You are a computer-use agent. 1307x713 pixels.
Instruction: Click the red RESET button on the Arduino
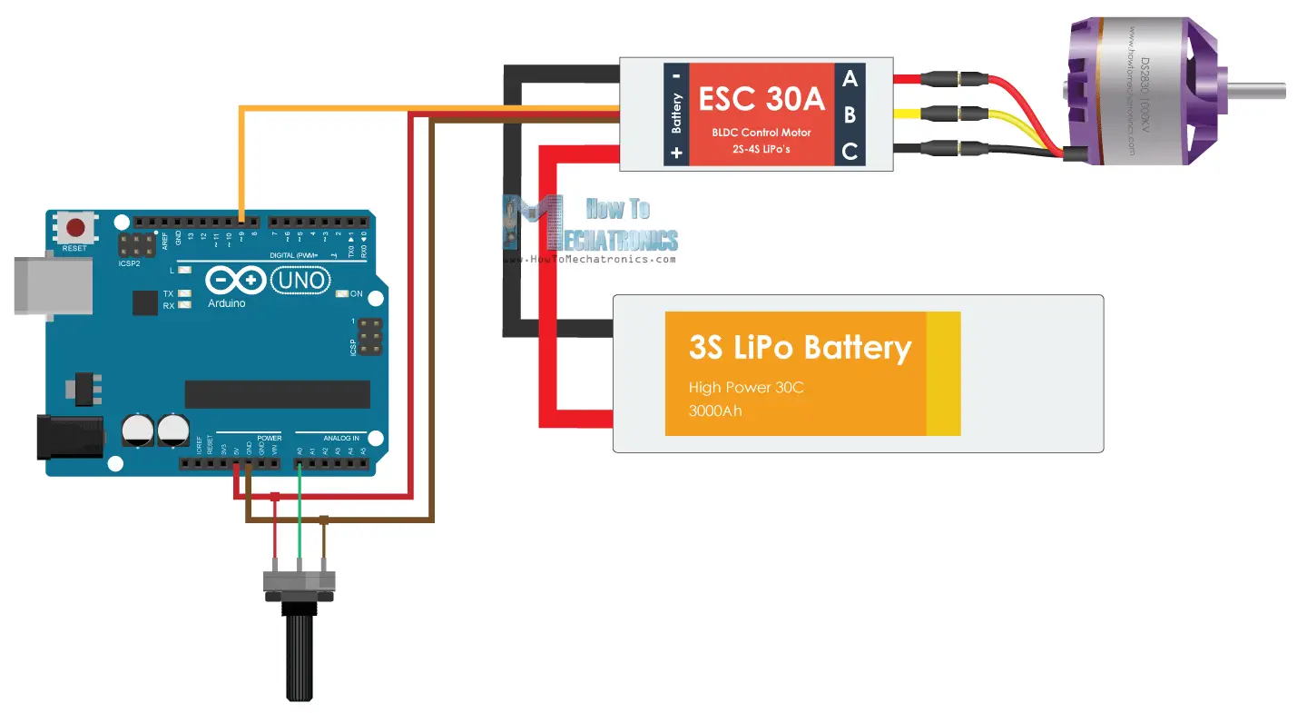tap(76, 228)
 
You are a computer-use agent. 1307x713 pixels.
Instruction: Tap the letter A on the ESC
tap(850, 79)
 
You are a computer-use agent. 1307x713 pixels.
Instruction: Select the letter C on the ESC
tap(850, 152)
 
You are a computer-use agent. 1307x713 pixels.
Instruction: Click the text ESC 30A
tap(761, 98)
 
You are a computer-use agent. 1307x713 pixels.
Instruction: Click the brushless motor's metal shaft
tap(1257, 91)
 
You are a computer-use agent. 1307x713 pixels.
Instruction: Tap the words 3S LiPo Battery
tap(800, 348)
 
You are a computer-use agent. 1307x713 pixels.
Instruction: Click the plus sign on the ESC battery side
tap(676, 153)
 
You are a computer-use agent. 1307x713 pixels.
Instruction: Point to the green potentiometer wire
tap(300, 527)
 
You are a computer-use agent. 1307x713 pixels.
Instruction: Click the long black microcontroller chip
tap(277, 394)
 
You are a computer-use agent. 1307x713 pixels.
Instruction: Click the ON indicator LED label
tap(356, 293)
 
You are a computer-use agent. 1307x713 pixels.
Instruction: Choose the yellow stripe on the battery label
tap(943, 373)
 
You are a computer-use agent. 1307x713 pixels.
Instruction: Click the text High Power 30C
tap(746, 388)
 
